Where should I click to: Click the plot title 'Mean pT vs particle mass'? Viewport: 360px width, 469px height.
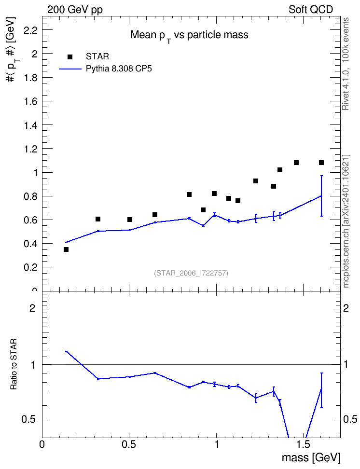[189, 36]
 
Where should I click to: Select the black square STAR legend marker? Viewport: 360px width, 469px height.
[70, 57]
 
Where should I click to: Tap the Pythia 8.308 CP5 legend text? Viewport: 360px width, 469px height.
[119, 69]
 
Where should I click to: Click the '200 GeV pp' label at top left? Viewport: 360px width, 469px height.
[75, 10]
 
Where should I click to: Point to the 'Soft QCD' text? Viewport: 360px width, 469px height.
[311, 10]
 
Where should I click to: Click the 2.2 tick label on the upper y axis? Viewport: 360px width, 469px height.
[30, 30]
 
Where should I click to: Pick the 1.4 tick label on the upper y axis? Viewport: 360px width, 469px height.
[30, 125]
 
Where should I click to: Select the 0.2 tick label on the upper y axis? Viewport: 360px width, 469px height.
[30, 267]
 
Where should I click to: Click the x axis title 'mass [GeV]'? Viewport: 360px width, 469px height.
[311, 457]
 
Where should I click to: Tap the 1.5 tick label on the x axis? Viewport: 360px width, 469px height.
[304, 444]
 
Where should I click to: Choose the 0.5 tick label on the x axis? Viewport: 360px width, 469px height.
[129, 444]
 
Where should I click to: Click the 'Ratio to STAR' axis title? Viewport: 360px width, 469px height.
[14, 364]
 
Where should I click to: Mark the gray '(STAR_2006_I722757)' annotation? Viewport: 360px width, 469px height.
[191, 273]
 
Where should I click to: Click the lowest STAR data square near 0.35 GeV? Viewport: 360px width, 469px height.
[66, 249]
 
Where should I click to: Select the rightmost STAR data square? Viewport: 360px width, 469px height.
[321, 163]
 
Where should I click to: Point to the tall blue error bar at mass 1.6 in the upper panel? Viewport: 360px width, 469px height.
[321, 196]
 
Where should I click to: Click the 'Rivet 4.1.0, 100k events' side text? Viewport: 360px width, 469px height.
[346, 64]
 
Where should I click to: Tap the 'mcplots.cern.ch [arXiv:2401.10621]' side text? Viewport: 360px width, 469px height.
[346, 221]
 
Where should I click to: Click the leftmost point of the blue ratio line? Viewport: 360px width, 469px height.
[66, 352]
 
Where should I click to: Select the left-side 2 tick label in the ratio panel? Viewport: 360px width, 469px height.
[32, 308]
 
